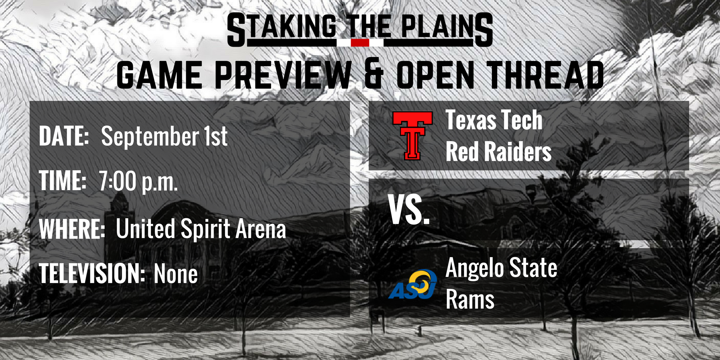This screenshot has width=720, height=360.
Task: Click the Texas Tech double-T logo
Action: coord(412,135)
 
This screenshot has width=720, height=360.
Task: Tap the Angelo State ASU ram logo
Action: coord(413,284)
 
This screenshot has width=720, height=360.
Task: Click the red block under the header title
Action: coord(360,42)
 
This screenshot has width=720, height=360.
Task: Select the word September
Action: coord(150,137)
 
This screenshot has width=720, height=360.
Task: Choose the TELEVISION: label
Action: coord(92,274)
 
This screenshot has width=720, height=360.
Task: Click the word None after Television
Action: coord(176,274)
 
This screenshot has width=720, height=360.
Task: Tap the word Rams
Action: coord(470,299)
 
